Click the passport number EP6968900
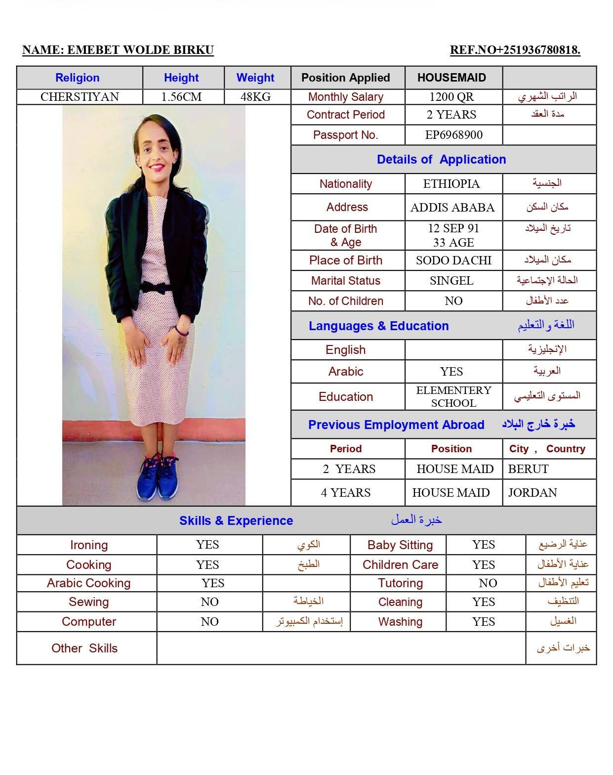click(453, 135)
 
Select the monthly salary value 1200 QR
click(451, 97)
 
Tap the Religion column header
click(78, 78)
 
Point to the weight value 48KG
click(255, 97)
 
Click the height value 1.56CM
click(181, 97)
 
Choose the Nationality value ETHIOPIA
click(451, 184)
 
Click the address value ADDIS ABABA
click(452, 208)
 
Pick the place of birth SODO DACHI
click(453, 260)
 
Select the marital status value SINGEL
click(451, 281)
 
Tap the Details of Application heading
click(441, 160)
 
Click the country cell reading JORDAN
click(532, 493)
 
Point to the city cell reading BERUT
click(528, 469)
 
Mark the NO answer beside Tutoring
click(488, 583)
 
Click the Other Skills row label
click(84, 648)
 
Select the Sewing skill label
click(89, 602)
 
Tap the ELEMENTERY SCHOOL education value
click(453, 396)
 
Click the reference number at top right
click(515, 50)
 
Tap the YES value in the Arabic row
click(451, 372)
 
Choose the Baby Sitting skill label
click(400, 545)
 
